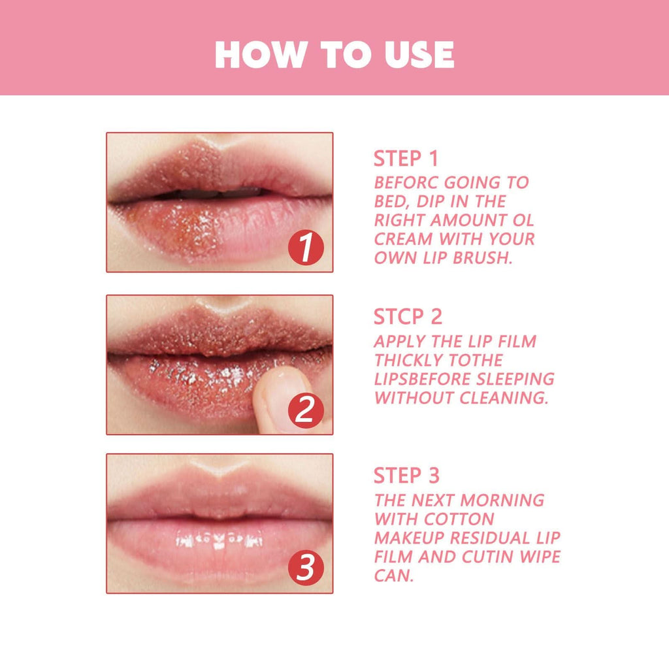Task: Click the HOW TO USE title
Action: [334, 55]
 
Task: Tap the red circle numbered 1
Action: [306, 249]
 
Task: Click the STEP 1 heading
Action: [406, 159]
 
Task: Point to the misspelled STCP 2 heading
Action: [408, 317]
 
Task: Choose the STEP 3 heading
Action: [406, 476]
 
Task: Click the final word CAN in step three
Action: [393, 576]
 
